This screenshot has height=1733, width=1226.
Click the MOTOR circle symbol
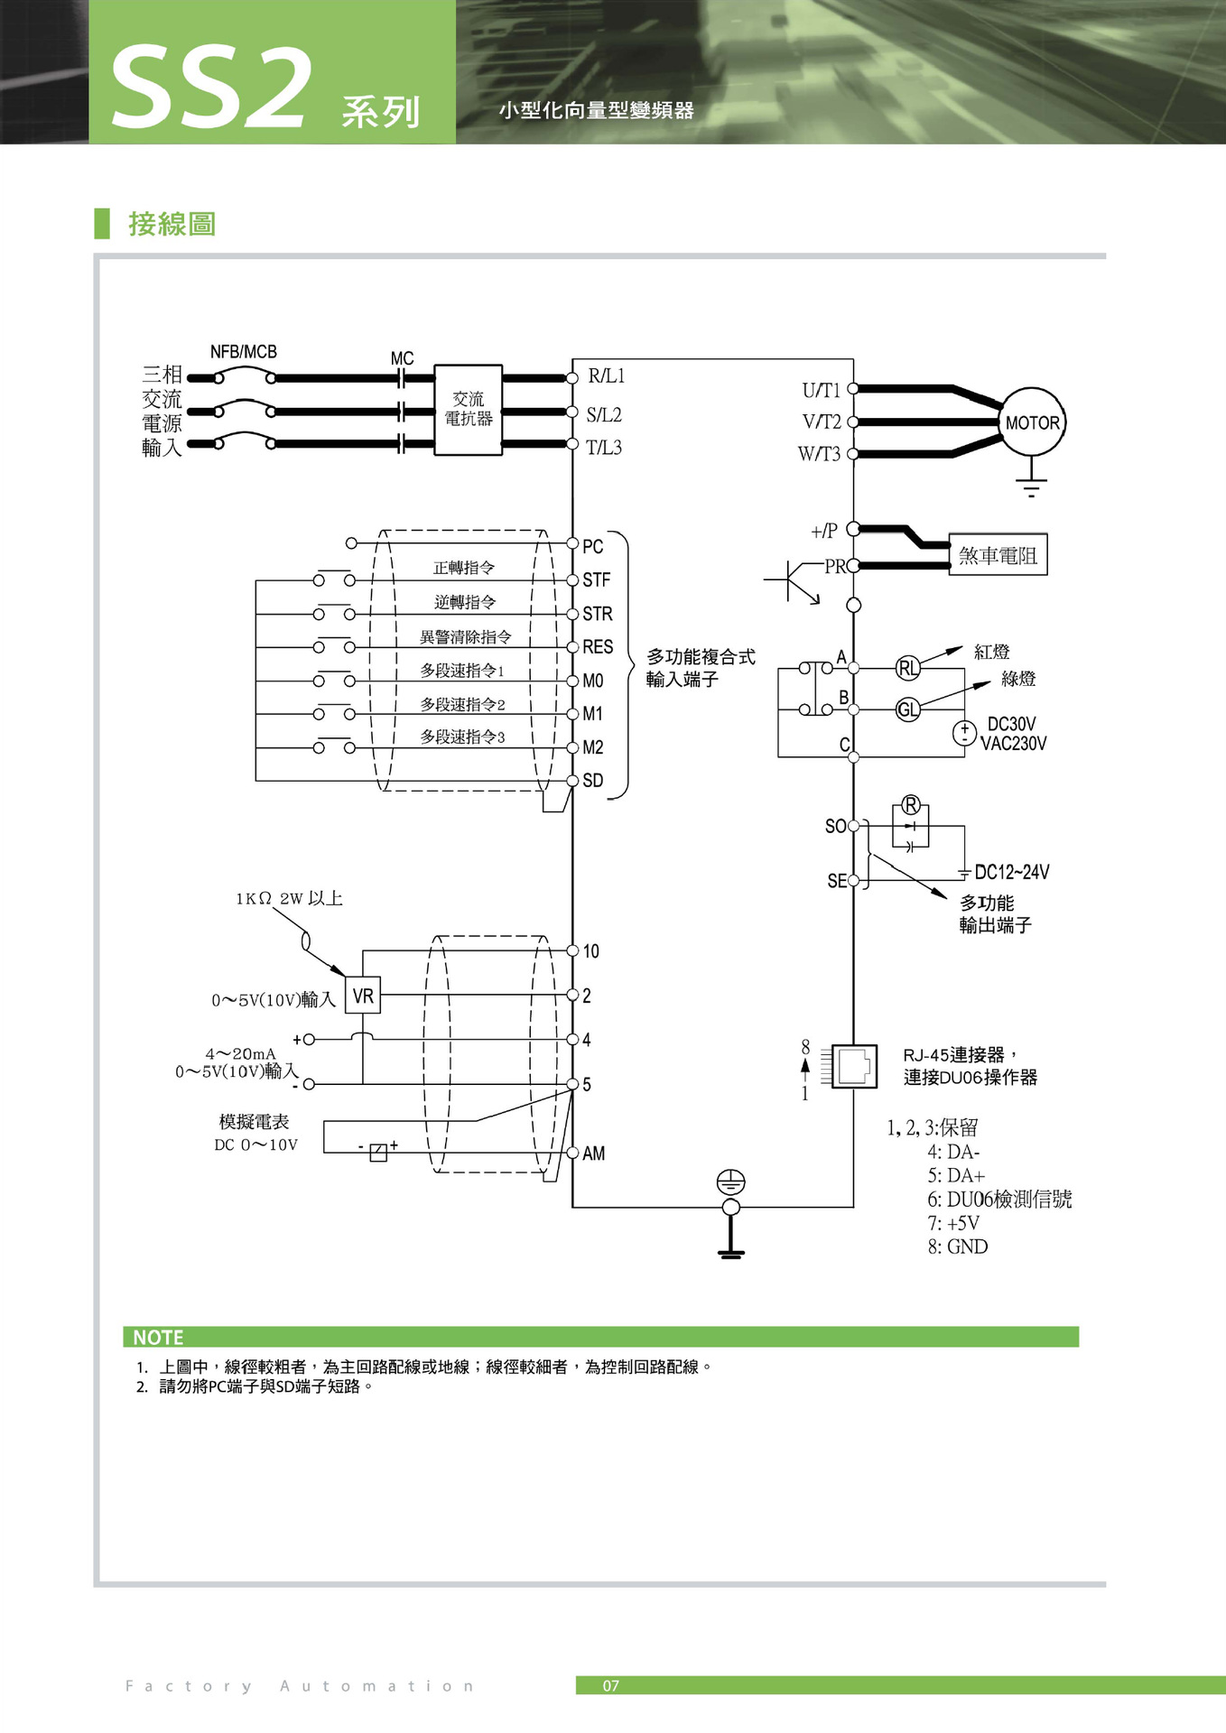1032,422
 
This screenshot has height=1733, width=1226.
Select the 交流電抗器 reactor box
468,410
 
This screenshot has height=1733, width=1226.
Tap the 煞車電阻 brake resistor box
998,555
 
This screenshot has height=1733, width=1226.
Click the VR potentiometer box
363,996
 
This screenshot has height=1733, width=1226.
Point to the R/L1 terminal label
606,376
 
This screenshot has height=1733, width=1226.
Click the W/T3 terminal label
819,454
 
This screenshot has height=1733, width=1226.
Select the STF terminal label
596,580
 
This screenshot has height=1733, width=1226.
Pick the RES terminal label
598,647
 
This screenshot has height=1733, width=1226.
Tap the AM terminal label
593,1154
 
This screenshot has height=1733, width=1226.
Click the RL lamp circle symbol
907,668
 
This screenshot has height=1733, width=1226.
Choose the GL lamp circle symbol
907,709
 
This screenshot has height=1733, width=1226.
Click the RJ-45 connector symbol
854,1067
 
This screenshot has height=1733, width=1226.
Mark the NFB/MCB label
243,352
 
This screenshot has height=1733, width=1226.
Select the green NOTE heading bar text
158,1338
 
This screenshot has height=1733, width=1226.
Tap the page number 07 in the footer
611,1685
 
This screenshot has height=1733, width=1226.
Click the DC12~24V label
1011,872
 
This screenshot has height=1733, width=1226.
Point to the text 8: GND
957,1246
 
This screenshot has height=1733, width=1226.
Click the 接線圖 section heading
172,224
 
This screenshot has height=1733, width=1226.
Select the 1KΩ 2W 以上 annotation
289,898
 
